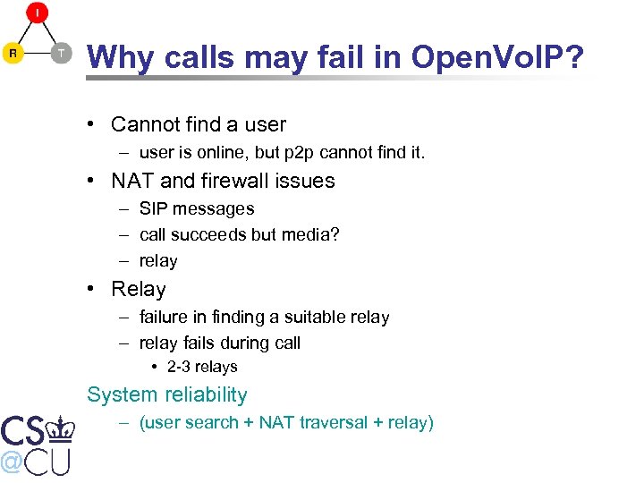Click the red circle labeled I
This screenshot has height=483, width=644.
pyautogui.click(x=37, y=13)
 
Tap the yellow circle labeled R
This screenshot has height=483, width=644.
pyautogui.click(x=13, y=53)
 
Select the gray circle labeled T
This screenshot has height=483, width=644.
pyautogui.click(x=60, y=53)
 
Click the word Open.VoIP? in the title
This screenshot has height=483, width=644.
pyautogui.click(x=497, y=57)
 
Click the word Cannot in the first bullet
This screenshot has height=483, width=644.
pyautogui.click(x=147, y=124)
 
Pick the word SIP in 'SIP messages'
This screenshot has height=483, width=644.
pyautogui.click(x=154, y=208)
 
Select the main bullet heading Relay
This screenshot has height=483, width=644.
pyautogui.click(x=139, y=290)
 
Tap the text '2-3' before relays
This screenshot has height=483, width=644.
pyautogui.click(x=179, y=367)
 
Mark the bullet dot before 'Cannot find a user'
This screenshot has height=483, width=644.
pyautogui.click(x=93, y=124)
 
